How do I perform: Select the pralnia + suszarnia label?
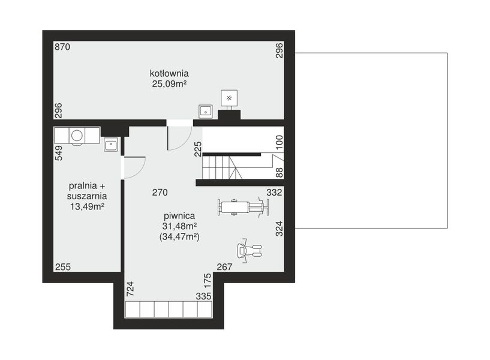pos(87,191)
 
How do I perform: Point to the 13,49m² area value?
pos(88,206)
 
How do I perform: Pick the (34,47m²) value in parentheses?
pos(179,237)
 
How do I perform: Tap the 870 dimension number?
pos(62,47)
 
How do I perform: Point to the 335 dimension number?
pos(203,296)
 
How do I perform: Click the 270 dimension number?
pos(159,193)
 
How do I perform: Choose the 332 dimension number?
pos(274,193)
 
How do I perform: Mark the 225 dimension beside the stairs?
pos(198,148)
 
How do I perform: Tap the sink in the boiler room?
pos(206,110)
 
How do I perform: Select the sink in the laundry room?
pos(110,144)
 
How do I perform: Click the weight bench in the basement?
pos(242,207)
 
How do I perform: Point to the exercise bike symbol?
pos(248,251)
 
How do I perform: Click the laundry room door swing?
pos(134,167)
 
